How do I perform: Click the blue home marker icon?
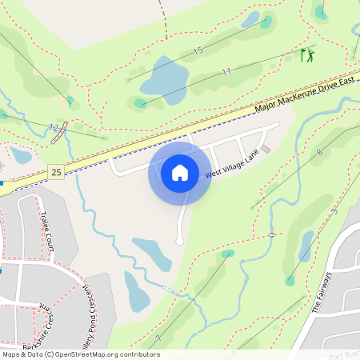click(x=180, y=172)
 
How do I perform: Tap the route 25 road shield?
click(x=55, y=171)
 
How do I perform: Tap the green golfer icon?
click(x=306, y=55)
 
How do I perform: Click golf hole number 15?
click(x=198, y=51)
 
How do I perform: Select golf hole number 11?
click(x=226, y=71)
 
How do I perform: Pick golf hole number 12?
click(x=54, y=126)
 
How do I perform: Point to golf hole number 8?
click(x=319, y=151)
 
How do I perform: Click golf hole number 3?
click(x=334, y=210)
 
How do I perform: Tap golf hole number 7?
click(x=159, y=339)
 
